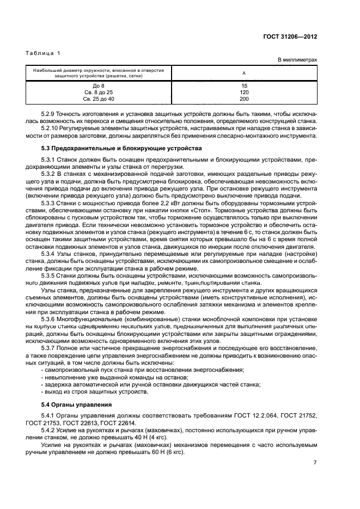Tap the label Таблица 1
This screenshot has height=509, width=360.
[44, 53]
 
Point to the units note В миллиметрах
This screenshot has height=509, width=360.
[297, 60]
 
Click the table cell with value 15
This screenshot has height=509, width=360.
[243, 86]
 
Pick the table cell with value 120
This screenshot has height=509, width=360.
[243, 93]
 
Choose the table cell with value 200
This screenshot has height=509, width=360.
[243, 99]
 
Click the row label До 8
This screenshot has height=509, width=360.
[99, 86]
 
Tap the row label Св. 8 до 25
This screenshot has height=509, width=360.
[99, 93]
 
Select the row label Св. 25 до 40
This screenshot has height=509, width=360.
[99, 99]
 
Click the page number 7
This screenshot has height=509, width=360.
[315, 462]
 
